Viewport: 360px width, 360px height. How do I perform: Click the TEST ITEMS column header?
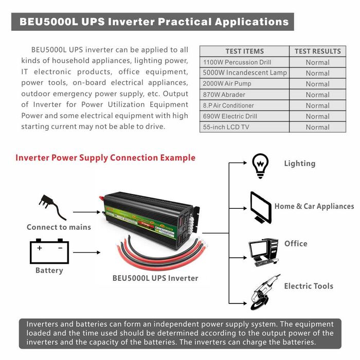(x=244, y=51)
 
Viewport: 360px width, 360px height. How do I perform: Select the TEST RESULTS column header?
(x=318, y=51)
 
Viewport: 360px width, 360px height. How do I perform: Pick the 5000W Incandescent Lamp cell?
(x=245, y=73)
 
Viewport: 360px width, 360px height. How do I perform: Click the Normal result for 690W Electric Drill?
(x=318, y=116)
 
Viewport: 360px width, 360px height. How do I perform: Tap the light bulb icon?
(x=260, y=166)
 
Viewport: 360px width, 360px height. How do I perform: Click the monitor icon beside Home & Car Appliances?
(x=261, y=208)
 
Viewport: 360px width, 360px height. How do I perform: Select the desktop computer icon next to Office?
(x=263, y=253)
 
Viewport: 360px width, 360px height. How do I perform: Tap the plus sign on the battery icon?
(x=40, y=248)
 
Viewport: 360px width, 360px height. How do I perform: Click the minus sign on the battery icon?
(x=60, y=248)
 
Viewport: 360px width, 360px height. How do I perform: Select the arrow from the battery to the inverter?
(x=86, y=253)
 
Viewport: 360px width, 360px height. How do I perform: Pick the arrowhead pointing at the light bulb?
(x=245, y=163)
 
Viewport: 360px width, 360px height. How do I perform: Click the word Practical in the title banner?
(x=184, y=22)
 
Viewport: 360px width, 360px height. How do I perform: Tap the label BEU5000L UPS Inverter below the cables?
(x=155, y=278)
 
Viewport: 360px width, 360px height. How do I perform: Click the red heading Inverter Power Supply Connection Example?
(x=105, y=158)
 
